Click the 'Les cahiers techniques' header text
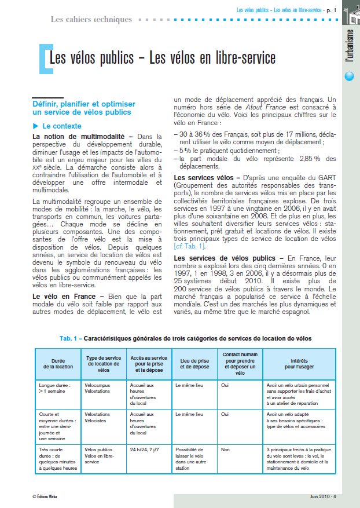tap(91, 19)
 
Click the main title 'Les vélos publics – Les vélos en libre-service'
tap(162, 59)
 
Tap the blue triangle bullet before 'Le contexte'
tap(36, 126)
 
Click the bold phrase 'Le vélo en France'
tap(64, 297)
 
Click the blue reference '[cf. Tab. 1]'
tap(192, 246)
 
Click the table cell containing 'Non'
tap(226, 449)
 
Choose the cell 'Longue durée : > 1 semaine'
tap(54, 387)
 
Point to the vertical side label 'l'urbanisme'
tap(349, 47)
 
